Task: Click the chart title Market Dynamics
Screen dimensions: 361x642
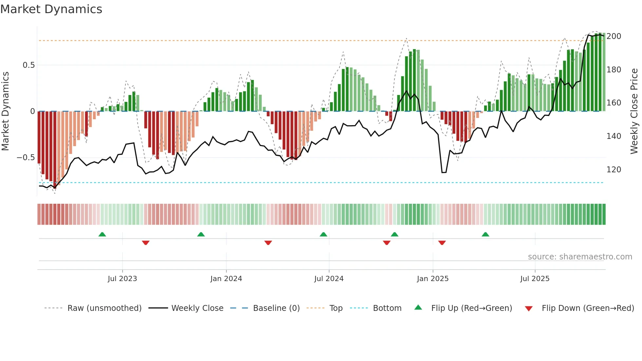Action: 51,9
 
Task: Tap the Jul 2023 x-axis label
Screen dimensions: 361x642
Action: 122,279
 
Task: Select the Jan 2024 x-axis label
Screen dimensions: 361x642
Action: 226,279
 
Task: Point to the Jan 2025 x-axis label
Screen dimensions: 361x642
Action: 432,279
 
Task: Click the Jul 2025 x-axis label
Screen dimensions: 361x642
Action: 535,279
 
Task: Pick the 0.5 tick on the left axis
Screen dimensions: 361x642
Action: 28,65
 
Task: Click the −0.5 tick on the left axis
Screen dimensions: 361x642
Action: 26,158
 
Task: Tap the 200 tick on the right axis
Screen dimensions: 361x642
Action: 614,36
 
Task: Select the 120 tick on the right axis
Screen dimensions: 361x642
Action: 614,170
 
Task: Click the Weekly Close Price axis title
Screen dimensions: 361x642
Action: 634,111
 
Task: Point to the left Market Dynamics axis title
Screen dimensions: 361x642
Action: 5,111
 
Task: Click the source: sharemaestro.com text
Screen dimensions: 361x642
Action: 580,257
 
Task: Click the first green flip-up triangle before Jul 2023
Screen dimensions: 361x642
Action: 102,234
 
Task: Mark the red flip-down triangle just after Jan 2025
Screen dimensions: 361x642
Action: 442,243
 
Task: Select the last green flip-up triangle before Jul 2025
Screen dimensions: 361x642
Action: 485,234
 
